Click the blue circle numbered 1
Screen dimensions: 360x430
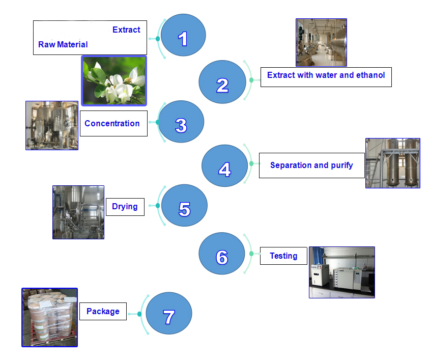(183, 36)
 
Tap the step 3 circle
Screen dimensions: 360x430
(181, 122)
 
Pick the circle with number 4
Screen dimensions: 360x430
(224, 165)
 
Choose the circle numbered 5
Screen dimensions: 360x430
(184, 206)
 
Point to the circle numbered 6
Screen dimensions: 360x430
(221, 255)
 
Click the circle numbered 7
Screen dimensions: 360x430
(168, 314)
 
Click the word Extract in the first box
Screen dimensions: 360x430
(126, 30)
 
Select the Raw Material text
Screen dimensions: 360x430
(63, 45)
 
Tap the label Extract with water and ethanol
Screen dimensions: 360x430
(326, 76)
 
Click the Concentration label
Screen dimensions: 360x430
(112, 123)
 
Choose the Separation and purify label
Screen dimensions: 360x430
(311, 165)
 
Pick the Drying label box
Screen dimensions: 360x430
(125, 206)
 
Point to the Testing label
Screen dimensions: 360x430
(283, 256)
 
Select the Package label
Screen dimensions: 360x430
(103, 311)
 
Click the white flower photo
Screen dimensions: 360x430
(114, 80)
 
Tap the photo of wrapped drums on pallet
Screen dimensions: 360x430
(49, 317)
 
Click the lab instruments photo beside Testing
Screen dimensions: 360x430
(342, 272)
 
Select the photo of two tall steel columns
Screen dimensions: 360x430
(393, 163)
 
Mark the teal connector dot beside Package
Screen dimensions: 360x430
(139, 314)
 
